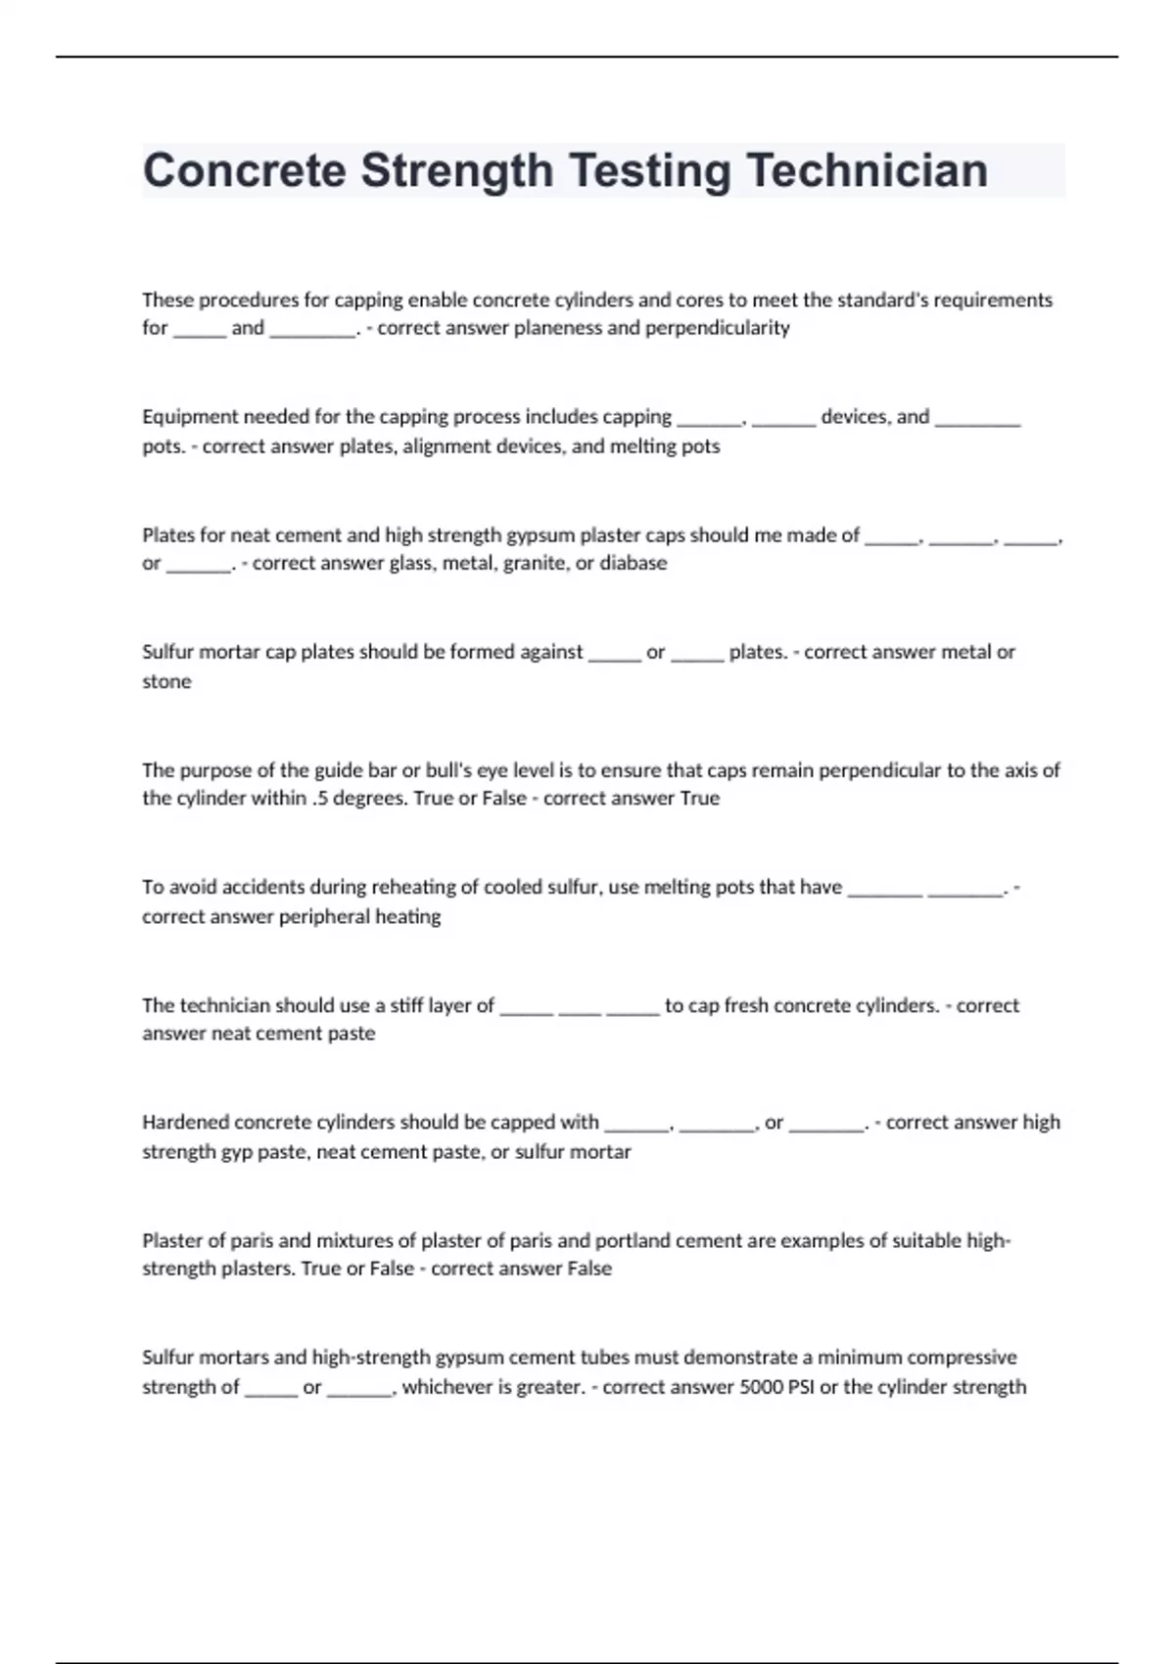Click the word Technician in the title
pos(868,171)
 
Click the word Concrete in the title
pos(244,171)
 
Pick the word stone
pos(166,681)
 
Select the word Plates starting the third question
pos(167,535)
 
